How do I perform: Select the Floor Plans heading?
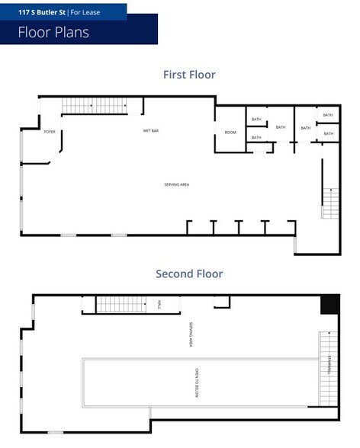(53, 32)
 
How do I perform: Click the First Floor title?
(189, 75)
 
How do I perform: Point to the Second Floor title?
(189, 274)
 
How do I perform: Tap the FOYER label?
(50, 132)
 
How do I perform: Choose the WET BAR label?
(150, 131)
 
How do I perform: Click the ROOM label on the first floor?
(230, 133)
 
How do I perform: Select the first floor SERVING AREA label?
(176, 185)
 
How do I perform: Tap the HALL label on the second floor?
(159, 304)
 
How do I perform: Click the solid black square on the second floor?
(329, 303)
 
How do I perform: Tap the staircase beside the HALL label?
(121, 304)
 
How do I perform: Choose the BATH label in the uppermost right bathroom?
(327, 115)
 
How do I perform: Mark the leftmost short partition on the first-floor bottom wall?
(188, 227)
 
